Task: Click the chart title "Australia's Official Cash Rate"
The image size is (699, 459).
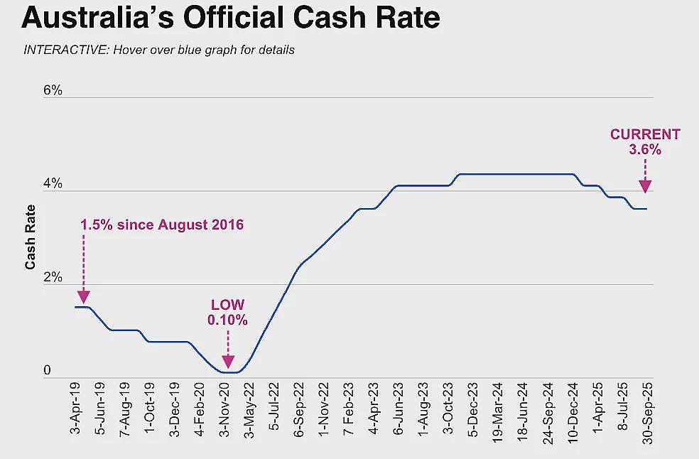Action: click(x=230, y=18)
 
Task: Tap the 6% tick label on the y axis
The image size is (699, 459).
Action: click(x=53, y=90)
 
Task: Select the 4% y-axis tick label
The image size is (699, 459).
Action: click(x=53, y=184)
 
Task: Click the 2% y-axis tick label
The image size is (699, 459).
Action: click(x=53, y=277)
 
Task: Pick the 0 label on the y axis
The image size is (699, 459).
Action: click(x=47, y=370)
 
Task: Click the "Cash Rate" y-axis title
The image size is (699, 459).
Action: click(x=30, y=237)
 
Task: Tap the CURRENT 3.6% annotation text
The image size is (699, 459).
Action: click(x=645, y=142)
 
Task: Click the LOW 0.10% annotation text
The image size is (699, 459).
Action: click(x=228, y=312)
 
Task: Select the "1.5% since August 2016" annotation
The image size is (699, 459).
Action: click(x=162, y=225)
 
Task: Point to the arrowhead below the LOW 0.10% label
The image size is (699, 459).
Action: click(x=228, y=362)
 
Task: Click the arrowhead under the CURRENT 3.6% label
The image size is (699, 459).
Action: click(x=645, y=186)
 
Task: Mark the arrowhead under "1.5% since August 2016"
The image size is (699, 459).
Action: click(x=83, y=296)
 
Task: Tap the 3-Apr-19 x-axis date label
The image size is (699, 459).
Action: click(x=75, y=408)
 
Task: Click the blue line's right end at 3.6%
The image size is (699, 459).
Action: click(x=646, y=209)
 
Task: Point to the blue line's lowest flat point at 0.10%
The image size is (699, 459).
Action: click(x=230, y=372)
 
